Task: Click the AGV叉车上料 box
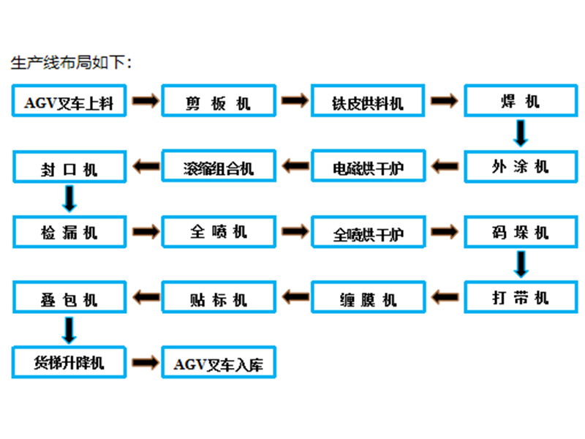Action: [x=69, y=101]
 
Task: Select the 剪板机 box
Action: [x=219, y=101]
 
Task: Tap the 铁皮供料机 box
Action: [x=368, y=101]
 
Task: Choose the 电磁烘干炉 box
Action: [x=368, y=167]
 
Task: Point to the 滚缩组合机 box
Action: [x=219, y=167]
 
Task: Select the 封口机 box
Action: [x=69, y=167]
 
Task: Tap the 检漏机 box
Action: [x=69, y=232]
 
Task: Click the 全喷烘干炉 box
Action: [x=368, y=233]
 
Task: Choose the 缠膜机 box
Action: [x=368, y=297]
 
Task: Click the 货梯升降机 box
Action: [x=69, y=361]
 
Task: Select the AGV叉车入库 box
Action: [x=219, y=362]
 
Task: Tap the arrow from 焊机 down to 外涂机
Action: [x=521, y=133]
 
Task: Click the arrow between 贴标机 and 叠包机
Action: [x=145, y=297]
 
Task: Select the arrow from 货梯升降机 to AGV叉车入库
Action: [x=145, y=361]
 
